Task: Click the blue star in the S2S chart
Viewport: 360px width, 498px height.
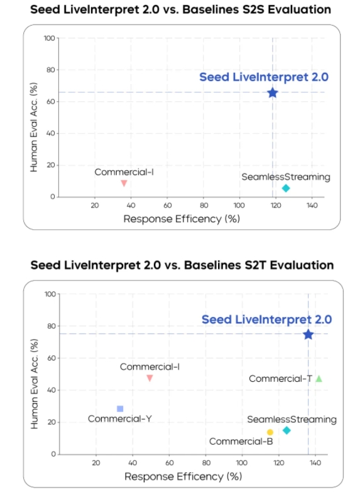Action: [272, 92]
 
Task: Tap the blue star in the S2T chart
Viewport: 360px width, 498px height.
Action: [308, 334]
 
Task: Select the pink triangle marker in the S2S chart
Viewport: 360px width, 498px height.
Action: [124, 183]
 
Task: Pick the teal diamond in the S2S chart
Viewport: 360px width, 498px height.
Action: [286, 188]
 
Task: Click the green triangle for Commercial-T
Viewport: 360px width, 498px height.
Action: [319, 379]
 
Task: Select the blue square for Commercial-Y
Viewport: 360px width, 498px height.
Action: [120, 409]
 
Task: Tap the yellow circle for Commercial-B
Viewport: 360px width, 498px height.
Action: [270, 432]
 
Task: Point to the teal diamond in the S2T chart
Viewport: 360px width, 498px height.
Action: [286, 430]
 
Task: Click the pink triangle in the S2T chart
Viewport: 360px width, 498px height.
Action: [150, 378]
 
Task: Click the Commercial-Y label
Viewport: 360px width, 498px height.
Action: [119, 419]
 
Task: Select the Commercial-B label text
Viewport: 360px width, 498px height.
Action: [241, 441]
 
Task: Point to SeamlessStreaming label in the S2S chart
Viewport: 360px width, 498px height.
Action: [286, 177]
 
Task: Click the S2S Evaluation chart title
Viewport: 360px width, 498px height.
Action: [181, 10]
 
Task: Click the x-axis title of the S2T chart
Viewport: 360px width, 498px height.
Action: [183, 477]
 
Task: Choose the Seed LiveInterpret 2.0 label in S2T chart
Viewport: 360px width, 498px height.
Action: [266, 320]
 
